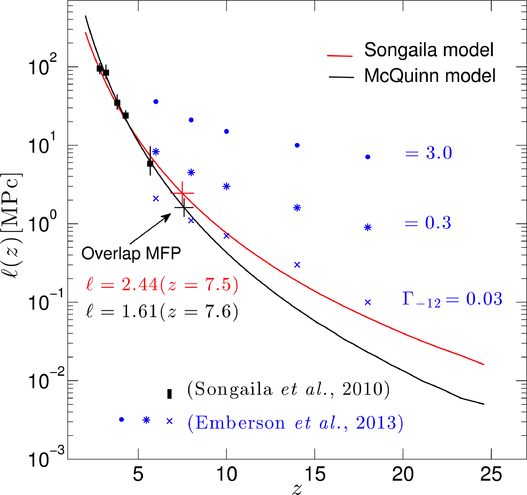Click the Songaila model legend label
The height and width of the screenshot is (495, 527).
tap(429, 50)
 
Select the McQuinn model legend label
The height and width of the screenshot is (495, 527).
tap(430, 76)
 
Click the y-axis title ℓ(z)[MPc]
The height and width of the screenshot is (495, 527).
tap(13, 225)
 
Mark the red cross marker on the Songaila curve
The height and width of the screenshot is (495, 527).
tap(182, 193)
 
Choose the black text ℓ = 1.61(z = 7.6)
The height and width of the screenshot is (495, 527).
tap(162, 311)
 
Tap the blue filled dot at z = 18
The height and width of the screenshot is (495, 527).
tap(368, 157)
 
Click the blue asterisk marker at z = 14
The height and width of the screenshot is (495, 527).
tap(297, 208)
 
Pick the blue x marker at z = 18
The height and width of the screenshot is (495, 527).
tap(368, 302)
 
